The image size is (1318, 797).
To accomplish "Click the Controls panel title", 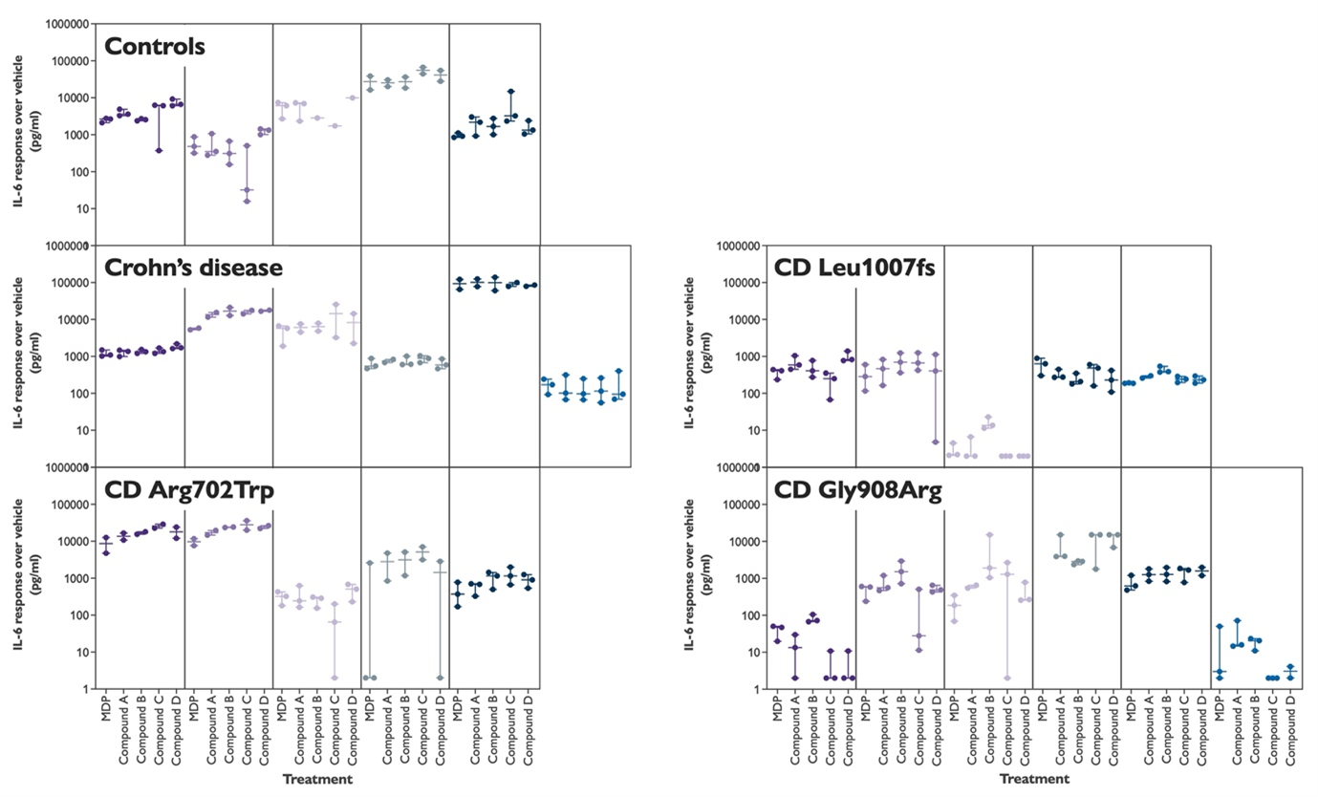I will point(155,47).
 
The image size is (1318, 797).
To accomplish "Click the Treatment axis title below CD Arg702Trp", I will point(317,779).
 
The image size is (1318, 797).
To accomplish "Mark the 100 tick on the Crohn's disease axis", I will point(81,394).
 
